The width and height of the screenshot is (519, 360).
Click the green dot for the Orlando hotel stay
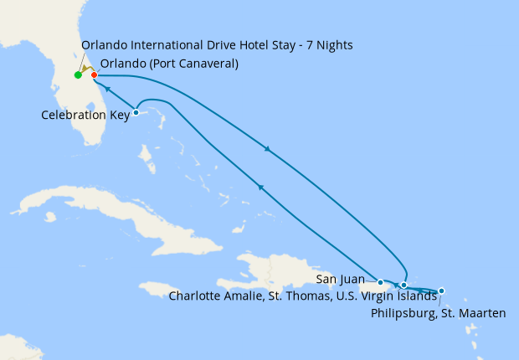tap(78, 75)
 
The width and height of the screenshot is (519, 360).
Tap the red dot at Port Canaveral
tap(94, 75)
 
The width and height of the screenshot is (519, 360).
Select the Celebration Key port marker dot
tap(136, 113)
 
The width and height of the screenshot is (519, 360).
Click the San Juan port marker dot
tap(380, 282)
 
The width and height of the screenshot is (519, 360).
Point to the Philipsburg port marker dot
tap(441, 291)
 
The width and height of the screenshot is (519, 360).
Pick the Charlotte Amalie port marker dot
tap(403, 285)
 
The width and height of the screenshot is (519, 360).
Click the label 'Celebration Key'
tap(85, 115)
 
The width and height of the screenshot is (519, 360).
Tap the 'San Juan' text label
tap(341, 279)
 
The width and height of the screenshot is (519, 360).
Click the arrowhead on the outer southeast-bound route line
tap(268, 150)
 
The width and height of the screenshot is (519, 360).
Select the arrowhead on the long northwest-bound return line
tap(262, 188)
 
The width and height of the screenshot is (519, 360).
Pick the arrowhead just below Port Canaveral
tap(107, 87)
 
